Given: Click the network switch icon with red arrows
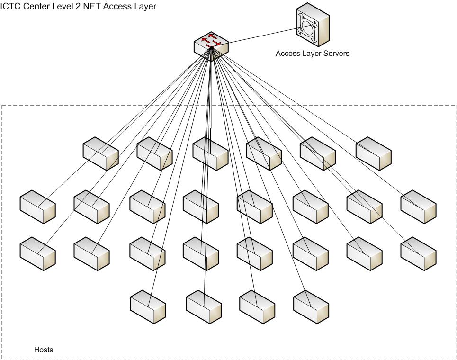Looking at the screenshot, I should [x=211, y=45].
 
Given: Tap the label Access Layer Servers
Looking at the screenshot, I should [x=312, y=54].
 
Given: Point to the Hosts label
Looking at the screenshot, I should [x=44, y=350].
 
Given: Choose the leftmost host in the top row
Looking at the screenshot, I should [x=100, y=153].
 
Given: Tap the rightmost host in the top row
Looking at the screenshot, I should [x=373, y=153].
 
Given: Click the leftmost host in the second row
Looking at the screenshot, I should [x=37, y=207].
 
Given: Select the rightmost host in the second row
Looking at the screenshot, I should [x=418, y=207].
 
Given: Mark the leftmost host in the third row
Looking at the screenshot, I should [x=37, y=254].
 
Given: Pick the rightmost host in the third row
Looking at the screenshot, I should [x=418, y=254].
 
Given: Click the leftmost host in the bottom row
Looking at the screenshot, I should [x=148, y=307].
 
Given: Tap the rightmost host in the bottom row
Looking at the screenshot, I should [x=311, y=307].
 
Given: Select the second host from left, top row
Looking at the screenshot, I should [x=154, y=153].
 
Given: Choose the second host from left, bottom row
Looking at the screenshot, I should [x=204, y=307].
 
